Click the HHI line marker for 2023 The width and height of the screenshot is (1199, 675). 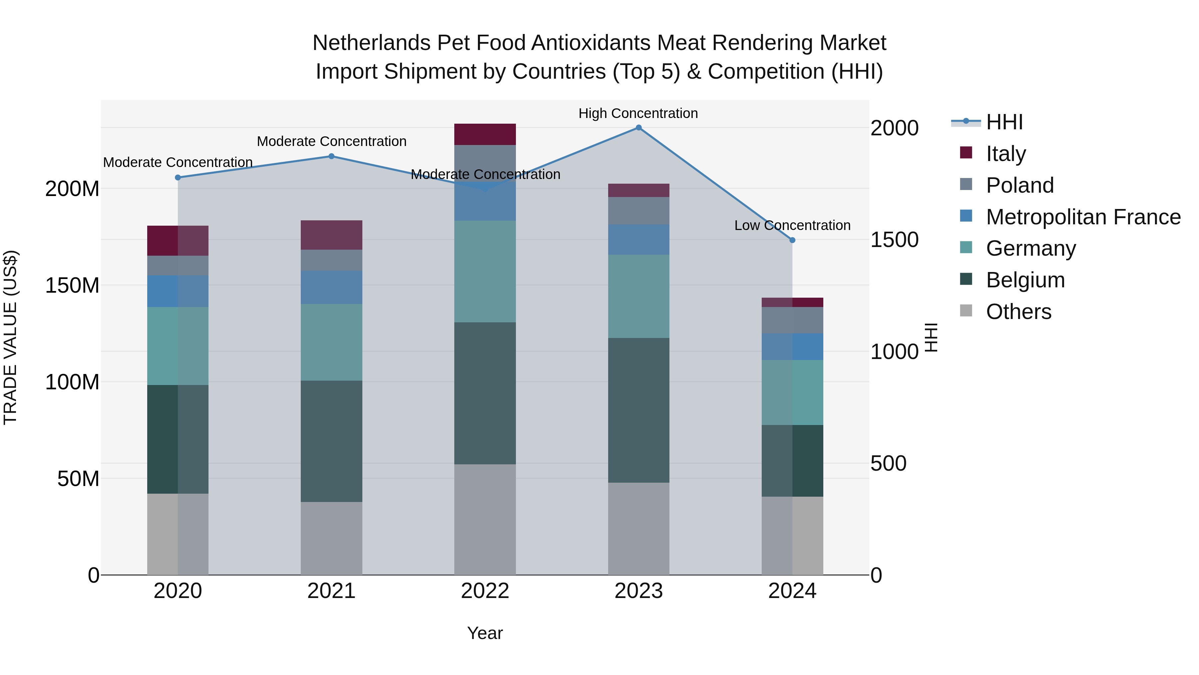[x=638, y=128]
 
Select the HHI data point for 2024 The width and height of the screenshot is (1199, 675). [x=792, y=240]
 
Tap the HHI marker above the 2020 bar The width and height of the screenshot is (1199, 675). [x=178, y=177]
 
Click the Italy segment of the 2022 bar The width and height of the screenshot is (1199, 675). [x=485, y=134]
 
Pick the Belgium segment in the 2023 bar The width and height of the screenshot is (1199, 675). [x=638, y=410]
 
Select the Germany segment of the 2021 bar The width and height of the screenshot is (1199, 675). [x=331, y=342]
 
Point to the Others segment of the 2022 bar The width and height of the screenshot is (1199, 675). [x=485, y=519]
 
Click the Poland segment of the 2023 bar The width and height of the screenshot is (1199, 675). [x=638, y=211]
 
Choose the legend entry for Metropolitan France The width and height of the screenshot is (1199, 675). [x=1083, y=217]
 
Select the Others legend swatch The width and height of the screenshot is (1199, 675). [x=966, y=311]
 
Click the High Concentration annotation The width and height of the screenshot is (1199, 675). [x=638, y=113]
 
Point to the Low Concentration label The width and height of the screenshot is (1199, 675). [x=792, y=225]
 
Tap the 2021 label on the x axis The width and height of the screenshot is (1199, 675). [x=331, y=591]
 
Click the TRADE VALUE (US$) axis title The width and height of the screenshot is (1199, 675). [x=10, y=337]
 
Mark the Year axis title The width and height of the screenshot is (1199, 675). [x=485, y=633]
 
